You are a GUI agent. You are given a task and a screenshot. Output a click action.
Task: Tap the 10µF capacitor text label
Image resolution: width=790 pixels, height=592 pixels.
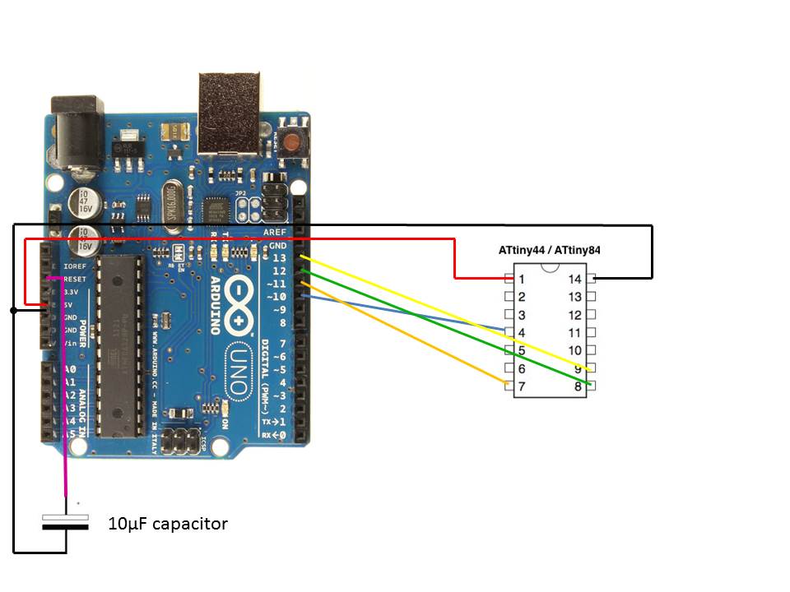pyautogui.click(x=168, y=524)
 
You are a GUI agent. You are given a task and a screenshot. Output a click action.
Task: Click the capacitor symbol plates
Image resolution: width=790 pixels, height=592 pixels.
pyautogui.click(x=65, y=521)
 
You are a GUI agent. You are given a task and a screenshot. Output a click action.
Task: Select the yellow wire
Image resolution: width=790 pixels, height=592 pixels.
pyautogui.click(x=444, y=312)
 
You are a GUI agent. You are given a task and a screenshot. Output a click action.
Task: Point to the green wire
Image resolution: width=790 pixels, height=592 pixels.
pyautogui.click(x=444, y=326)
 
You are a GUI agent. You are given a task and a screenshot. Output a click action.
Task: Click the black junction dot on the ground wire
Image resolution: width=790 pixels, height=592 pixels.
pyautogui.click(x=13, y=310)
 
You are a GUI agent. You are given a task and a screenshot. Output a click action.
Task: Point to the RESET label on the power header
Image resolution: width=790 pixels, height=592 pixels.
pyautogui.click(x=74, y=280)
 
